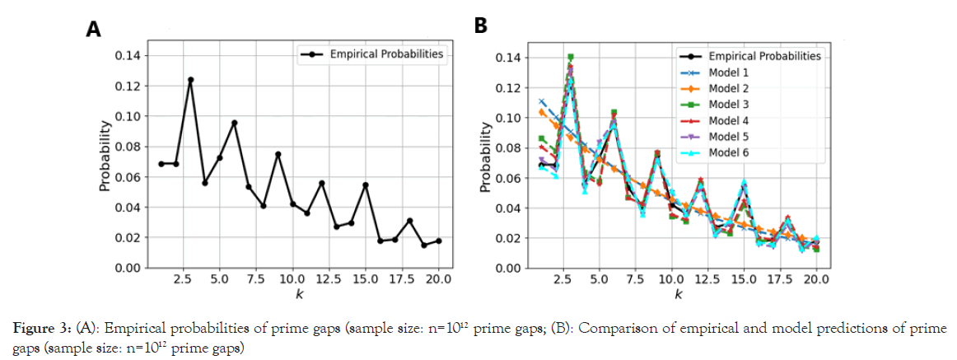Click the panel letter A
(94, 30)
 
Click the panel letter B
(482, 26)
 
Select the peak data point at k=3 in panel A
(190, 80)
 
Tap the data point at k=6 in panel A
(234, 123)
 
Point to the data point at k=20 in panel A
(438, 241)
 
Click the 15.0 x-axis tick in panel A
(366, 279)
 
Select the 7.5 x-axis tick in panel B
(634, 279)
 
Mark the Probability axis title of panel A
(105, 157)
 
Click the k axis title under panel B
(677, 293)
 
